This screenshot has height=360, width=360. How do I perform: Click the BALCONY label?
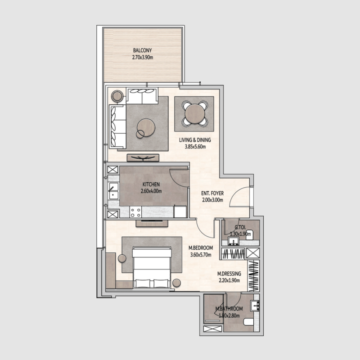click(142, 50)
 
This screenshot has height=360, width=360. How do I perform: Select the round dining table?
click(194, 113)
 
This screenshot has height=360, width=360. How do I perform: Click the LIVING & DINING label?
click(195, 140)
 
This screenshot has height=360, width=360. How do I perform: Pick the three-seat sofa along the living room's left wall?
click(117, 125)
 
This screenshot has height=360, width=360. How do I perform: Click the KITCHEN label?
click(151, 184)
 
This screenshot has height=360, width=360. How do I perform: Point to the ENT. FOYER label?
click(212, 194)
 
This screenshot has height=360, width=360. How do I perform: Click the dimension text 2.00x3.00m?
click(212, 201)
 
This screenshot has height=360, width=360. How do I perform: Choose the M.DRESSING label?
click(229, 274)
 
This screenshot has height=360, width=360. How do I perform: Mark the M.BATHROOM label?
click(229, 309)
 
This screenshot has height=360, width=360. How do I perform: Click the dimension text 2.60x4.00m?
click(151, 191)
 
